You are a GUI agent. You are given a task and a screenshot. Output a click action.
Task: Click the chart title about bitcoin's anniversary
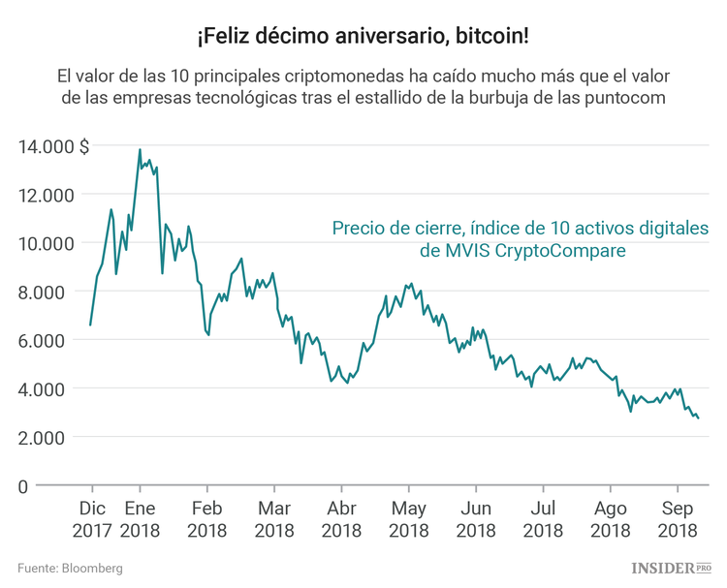363,36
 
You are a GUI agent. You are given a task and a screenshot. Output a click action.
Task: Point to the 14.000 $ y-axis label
53,146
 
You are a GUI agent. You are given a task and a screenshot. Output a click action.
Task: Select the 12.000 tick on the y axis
46,195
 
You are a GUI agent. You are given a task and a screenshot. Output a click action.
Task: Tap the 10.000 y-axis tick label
46,243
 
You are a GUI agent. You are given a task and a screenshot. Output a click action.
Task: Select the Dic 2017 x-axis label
92,519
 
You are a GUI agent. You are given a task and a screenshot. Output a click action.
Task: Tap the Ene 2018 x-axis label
141,519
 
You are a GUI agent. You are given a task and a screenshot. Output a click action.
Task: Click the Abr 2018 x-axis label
341,519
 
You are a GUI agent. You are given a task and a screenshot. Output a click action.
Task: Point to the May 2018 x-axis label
408,519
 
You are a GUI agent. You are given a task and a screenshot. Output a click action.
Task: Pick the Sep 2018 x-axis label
677,519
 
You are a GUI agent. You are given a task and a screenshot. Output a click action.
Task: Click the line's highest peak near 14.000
140,150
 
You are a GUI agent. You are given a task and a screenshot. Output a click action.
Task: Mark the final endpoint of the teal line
698,418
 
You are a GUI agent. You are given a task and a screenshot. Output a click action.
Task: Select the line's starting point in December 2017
90,325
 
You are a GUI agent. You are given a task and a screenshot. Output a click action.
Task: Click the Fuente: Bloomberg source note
70,569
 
